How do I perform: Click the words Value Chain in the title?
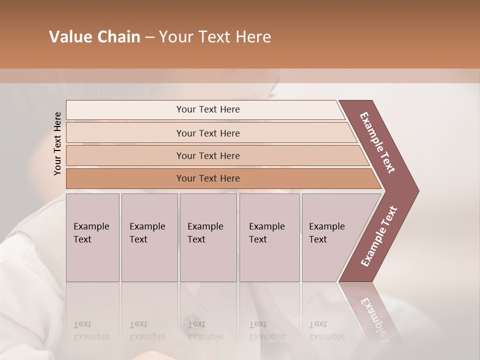[94, 37]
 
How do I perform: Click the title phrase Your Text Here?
[214, 37]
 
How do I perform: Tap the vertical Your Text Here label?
[57, 143]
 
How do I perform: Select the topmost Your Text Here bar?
[207, 109]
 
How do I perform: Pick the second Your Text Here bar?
[207, 133]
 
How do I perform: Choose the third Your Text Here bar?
[207, 155]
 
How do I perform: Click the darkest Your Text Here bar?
[207, 178]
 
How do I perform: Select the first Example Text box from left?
[92, 237]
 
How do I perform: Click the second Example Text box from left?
[149, 237]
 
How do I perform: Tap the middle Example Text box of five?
[207, 237]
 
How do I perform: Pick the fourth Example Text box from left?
[269, 237]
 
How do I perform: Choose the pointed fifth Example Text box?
[330, 237]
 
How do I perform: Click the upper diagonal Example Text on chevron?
[377, 142]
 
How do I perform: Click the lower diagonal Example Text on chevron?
[379, 236]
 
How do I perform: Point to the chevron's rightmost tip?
[417, 190]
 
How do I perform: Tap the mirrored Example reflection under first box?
[91, 336]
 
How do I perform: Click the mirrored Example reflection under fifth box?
[326, 336]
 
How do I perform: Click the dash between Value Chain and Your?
[149, 37]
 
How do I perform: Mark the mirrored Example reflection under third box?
[205, 336]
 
